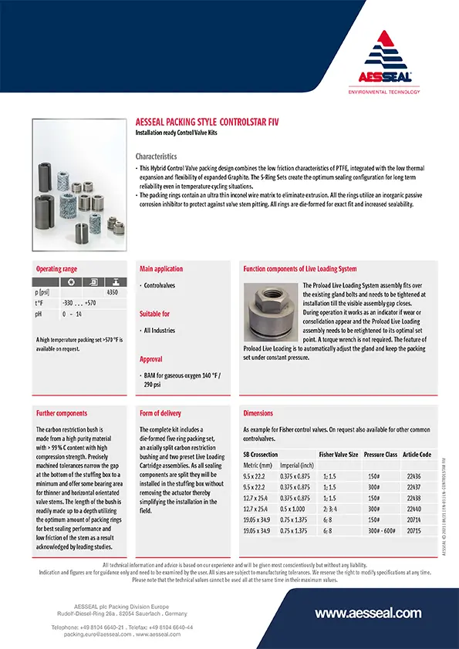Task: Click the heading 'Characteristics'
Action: [157, 156]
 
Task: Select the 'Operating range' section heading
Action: [57, 269]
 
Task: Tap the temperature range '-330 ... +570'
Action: [79, 304]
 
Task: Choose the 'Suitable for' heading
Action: [155, 314]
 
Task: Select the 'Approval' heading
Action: [151, 359]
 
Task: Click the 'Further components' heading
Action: [62, 413]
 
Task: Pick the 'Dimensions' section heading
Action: [258, 413]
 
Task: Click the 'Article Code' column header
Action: [417, 455]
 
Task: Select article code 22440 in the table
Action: [413, 509]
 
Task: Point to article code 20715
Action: [413, 532]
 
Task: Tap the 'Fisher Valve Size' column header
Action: [339, 455]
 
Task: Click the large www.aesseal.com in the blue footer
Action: [369, 614]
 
